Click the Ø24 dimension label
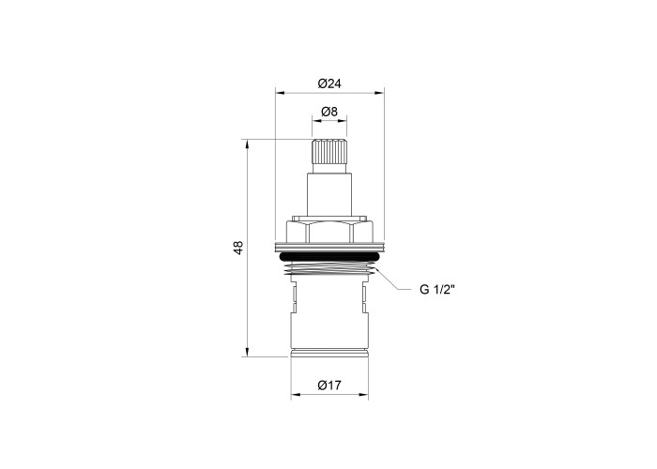(329, 83)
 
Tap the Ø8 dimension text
(329, 112)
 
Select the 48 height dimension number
(238, 248)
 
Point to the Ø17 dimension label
(329, 385)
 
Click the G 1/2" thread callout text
(437, 289)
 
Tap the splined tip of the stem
(329, 151)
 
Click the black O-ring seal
(329, 256)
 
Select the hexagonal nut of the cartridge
(329, 231)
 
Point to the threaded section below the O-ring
(329, 268)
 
